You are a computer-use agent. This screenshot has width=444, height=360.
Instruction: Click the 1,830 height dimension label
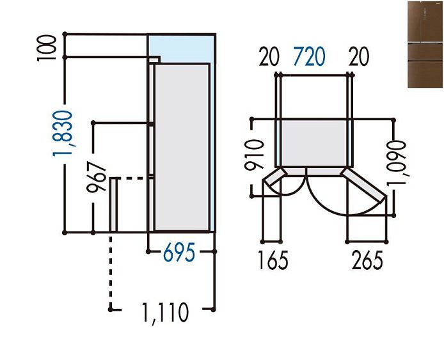63,133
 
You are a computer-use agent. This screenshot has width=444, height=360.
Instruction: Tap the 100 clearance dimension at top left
45,47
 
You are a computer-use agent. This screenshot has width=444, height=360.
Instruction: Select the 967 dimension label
97,177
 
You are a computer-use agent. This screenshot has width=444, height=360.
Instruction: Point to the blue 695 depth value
179,253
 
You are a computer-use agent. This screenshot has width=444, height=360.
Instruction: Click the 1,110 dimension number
165,313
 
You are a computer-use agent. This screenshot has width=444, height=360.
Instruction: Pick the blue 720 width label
309,56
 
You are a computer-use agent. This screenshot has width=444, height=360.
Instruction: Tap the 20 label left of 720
269,56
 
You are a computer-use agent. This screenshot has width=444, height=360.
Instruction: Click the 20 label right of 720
359,56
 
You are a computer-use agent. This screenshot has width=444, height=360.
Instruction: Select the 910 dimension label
254,155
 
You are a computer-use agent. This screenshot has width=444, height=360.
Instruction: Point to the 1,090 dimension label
397,162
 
